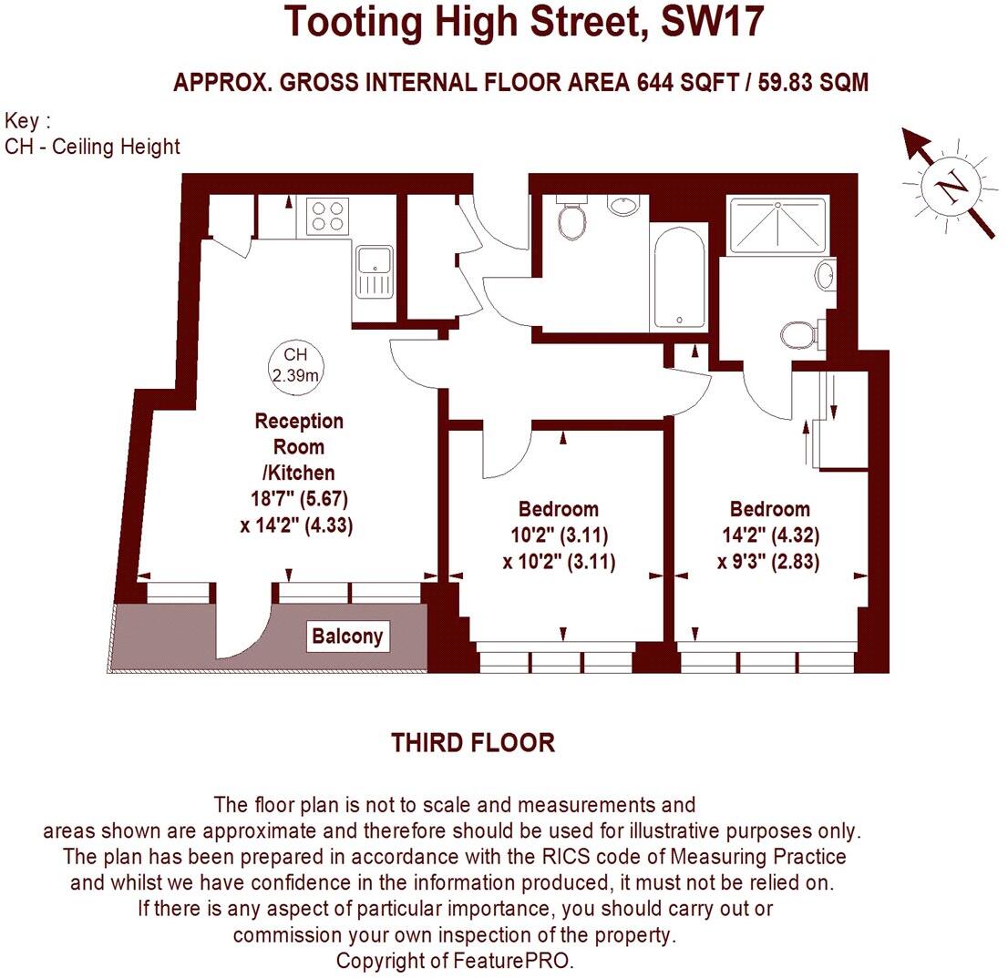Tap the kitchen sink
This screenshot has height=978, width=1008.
374,271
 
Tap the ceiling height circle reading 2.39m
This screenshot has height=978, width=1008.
295,362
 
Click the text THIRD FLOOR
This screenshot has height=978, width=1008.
473,743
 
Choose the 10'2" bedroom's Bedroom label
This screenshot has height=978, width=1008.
559,508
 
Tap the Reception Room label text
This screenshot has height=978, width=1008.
299,434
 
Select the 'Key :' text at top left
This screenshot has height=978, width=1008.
27,121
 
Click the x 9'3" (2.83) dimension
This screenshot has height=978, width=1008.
768,562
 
